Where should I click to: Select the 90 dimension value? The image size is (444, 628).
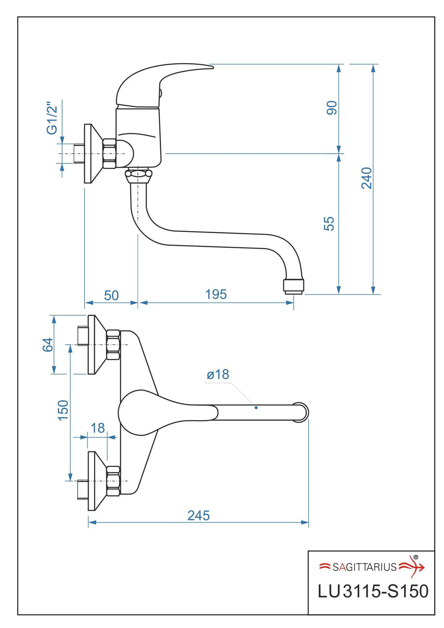[x=331, y=108]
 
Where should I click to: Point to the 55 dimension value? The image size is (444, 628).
[x=329, y=223]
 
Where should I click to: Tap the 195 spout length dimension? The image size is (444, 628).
[x=216, y=294]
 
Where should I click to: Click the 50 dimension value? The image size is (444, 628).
[x=111, y=295]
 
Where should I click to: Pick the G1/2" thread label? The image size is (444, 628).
[x=52, y=118]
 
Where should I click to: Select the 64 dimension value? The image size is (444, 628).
[x=48, y=345]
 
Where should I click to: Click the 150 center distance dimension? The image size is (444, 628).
[x=63, y=410]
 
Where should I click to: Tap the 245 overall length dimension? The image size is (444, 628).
[x=198, y=515]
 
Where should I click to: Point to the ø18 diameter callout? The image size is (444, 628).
[x=218, y=374]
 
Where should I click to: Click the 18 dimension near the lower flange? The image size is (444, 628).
[x=98, y=428]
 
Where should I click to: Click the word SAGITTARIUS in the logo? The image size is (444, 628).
[x=364, y=567]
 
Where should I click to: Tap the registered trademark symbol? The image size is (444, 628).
[x=416, y=557]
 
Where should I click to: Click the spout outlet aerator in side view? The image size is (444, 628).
[x=293, y=286]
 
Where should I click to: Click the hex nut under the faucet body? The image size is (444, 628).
[x=138, y=173]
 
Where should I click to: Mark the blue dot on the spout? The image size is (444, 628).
[x=256, y=408]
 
